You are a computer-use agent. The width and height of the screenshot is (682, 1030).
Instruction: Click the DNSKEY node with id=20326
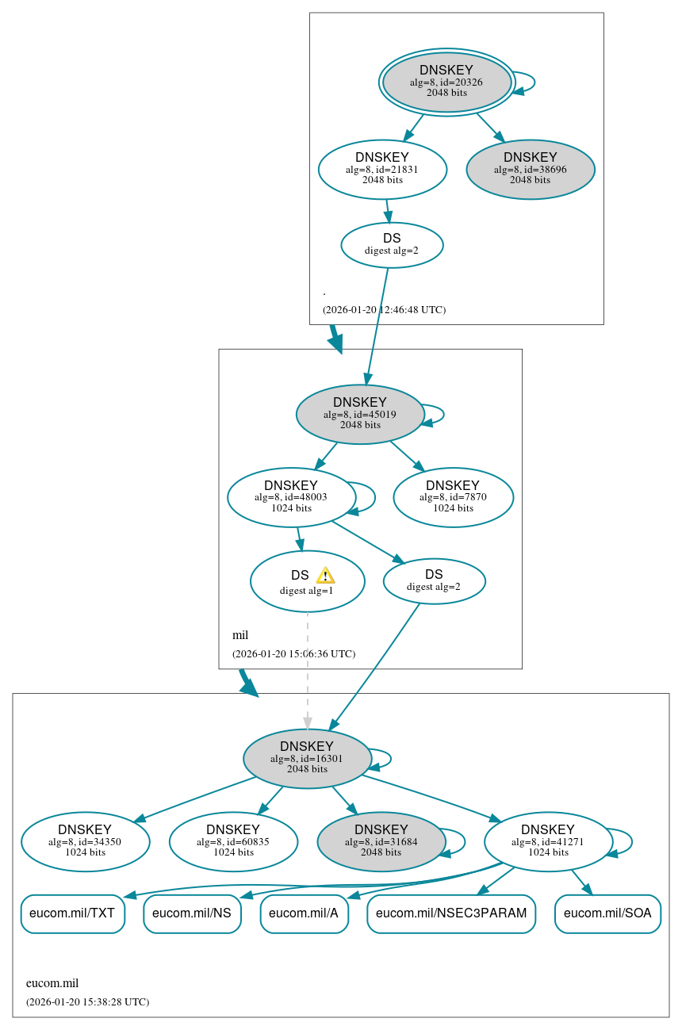[x=446, y=82]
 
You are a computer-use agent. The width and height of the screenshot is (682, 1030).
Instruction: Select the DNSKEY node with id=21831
[x=382, y=169]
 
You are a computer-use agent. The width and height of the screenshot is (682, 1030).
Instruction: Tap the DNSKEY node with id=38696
[x=531, y=169]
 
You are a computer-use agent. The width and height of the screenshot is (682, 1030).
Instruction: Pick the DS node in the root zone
[x=392, y=245]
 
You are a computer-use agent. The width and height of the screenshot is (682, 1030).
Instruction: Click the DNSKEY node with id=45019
[x=360, y=414]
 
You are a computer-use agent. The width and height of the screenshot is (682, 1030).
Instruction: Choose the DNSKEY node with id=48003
[x=291, y=497]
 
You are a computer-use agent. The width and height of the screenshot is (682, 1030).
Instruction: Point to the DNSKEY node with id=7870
[x=453, y=497]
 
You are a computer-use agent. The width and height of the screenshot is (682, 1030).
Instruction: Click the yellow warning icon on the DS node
[x=325, y=576]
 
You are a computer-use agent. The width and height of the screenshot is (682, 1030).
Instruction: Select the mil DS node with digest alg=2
[x=434, y=581]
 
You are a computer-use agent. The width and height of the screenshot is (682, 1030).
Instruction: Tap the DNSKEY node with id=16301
[x=307, y=759]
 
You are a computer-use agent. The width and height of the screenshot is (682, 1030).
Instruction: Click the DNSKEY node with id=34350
[x=86, y=841]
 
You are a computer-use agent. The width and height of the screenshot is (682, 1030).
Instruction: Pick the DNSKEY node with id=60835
[x=233, y=841]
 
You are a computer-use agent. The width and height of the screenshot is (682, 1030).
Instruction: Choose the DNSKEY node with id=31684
[x=381, y=841]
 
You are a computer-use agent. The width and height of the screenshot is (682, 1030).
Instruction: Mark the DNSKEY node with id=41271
[x=548, y=841]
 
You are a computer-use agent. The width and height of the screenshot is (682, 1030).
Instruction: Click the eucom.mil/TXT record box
[x=72, y=913]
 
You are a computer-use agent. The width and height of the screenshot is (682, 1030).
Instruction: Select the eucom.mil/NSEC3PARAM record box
[x=451, y=913]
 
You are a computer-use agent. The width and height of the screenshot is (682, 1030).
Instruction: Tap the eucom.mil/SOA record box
[x=607, y=913]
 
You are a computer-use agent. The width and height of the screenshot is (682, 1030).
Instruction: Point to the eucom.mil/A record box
[x=304, y=913]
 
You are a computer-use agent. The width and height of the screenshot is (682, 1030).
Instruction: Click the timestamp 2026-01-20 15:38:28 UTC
[x=87, y=1002]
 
